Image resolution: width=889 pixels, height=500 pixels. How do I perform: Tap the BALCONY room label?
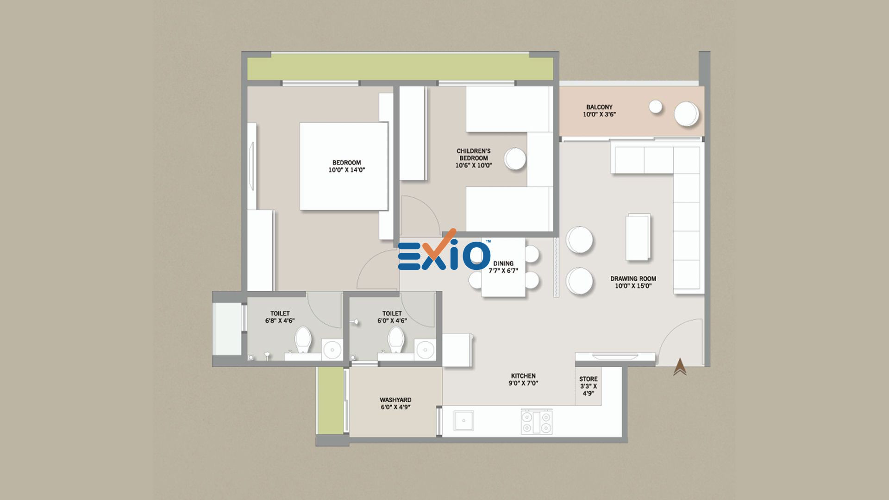599,107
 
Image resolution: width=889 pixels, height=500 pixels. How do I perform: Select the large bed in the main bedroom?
344,166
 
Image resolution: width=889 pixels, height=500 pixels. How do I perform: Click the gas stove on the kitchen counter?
537,422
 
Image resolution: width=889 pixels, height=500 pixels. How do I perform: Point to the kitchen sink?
463,420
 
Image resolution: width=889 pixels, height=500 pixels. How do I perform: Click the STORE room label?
588,379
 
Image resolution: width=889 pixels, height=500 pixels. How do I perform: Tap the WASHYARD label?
395,400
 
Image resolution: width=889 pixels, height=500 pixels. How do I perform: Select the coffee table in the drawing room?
638,237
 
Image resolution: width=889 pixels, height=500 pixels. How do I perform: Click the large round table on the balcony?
686,114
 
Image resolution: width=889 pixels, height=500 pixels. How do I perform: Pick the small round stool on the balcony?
655,107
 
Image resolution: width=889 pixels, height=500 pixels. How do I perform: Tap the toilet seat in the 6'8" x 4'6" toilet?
303,339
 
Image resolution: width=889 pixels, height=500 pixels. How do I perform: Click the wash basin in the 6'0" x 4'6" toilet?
425,350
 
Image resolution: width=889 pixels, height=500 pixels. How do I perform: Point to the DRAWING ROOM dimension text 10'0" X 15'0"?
633,286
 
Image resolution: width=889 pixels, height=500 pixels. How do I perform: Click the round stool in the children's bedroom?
515,159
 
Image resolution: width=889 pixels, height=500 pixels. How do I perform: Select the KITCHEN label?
523,376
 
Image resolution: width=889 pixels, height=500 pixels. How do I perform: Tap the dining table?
503,268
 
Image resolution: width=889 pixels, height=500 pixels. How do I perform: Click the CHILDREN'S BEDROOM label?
474,155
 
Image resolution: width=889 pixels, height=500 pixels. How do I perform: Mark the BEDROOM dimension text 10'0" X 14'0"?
347,170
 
